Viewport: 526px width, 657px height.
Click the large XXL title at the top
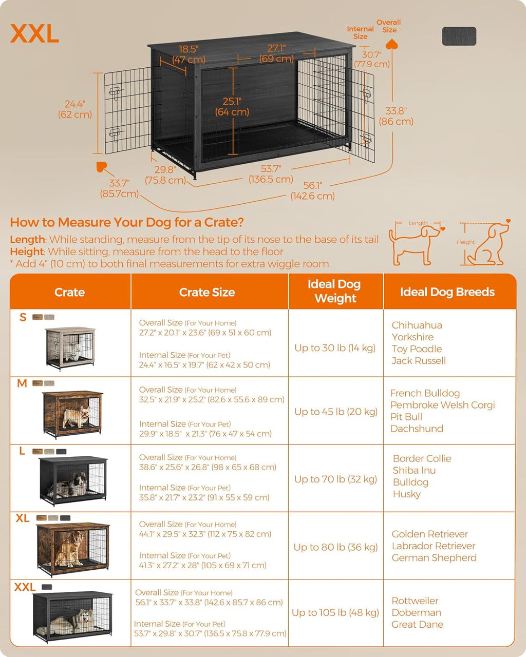click(x=34, y=34)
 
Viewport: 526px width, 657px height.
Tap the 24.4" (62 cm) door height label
click(x=75, y=109)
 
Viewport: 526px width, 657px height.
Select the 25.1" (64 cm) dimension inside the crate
click(x=232, y=106)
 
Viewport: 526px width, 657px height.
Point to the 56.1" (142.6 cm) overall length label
click(x=312, y=190)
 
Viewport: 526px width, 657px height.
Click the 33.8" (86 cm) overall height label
click(x=396, y=116)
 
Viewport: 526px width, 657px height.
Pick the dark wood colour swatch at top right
click(x=459, y=36)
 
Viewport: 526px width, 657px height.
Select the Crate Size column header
click(x=207, y=292)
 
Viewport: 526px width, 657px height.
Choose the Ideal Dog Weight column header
click(x=335, y=292)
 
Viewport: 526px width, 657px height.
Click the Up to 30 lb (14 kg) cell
click(x=335, y=348)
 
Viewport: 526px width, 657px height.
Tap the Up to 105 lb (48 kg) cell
click(x=335, y=612)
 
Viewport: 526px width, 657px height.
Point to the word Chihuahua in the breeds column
click(x=417, y=325)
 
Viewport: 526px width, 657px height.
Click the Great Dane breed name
click(x=417, y=624)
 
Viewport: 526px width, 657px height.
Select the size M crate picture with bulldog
click(x=72, y=413)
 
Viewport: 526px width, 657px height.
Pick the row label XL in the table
click(x=22, y=518)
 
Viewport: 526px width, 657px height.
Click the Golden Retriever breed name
click(x=429, y=534)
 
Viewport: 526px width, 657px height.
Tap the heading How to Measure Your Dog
click(x=127, y=222)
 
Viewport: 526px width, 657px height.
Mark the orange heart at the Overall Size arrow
click(x=392, y=44)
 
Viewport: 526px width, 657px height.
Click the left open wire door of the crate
click(x=127, y=111)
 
